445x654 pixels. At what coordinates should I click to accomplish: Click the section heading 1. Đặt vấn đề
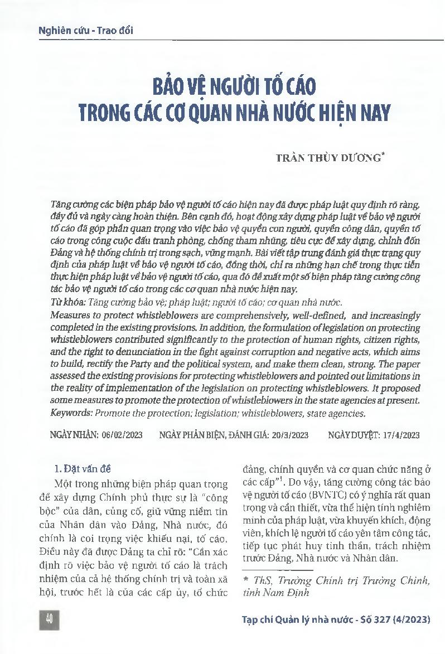pyautogui.click(x=86, y=468)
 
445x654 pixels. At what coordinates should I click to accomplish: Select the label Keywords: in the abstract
pyautogui.click(x=70, y=413)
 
